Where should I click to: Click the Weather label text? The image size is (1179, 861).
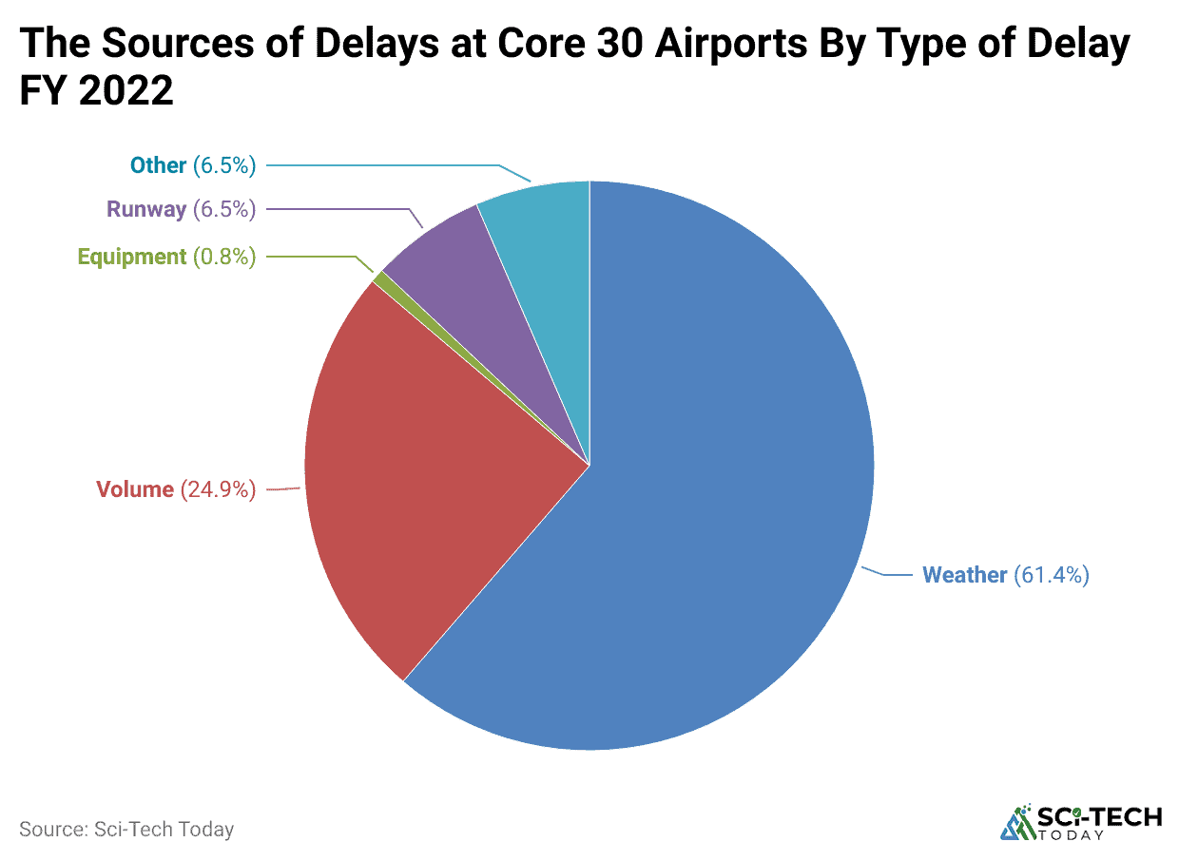[964, 575]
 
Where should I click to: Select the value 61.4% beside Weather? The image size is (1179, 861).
[1051, 575]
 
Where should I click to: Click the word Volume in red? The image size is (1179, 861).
[135, 489]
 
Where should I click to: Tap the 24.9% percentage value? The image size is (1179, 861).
[218, 489]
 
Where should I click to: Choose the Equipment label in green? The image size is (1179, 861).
[131, 257]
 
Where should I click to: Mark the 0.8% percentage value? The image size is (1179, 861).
[224, 257]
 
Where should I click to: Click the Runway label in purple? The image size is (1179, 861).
[146, 209]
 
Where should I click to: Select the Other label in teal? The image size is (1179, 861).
[158, 165]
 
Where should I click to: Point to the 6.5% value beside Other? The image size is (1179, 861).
[224, 165]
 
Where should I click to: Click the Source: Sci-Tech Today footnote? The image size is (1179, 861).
[126, 829]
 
